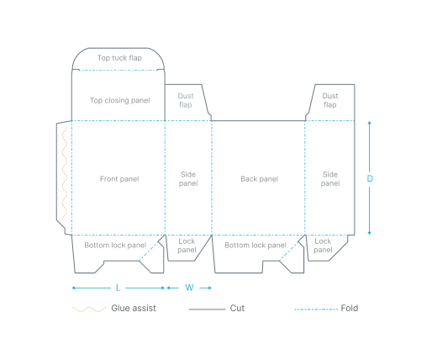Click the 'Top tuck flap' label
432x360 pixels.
point(119,58)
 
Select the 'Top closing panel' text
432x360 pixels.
point(119,100)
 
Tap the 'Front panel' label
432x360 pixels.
point(119,178)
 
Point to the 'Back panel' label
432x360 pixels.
point(258,178)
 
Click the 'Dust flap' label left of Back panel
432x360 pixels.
point(185,100)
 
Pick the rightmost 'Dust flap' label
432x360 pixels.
point(329,100)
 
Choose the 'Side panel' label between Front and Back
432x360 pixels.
point(188,178)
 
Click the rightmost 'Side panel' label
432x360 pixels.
point(330,178)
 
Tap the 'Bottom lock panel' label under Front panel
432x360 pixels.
point(114,245)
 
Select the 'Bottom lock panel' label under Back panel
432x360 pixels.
point(255,245)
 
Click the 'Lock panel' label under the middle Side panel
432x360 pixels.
point(187,246)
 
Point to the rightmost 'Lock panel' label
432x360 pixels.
point(323,246)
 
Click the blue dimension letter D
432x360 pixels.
point(370,178)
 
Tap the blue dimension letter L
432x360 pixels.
point(118,288)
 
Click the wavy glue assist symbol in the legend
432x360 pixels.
point(87,309)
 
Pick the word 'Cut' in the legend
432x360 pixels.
point(237,309)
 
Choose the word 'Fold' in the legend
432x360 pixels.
point(350,309)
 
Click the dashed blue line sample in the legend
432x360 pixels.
point(314,309)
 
